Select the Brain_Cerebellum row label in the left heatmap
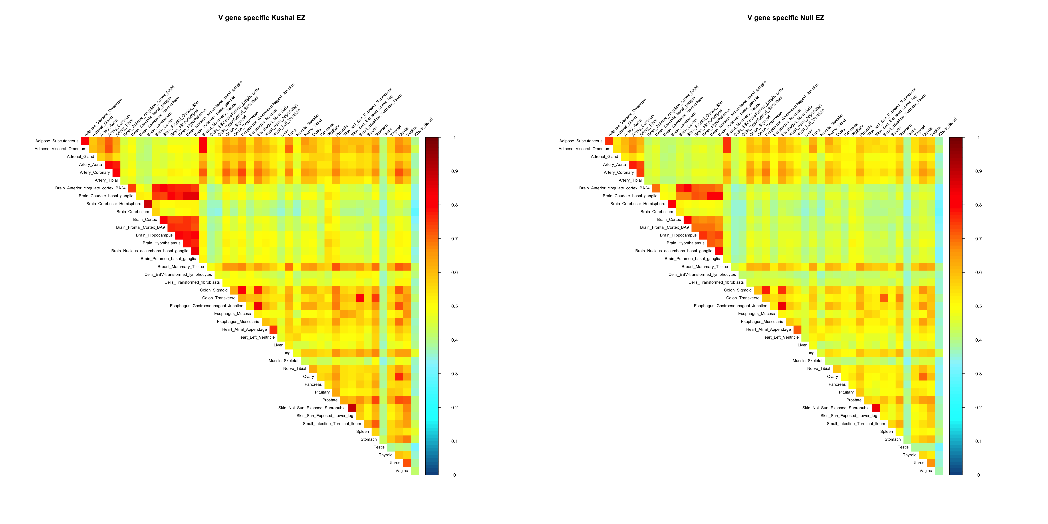pos(133,212)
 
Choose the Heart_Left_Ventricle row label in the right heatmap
pos(780,337)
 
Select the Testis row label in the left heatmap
pos(379,447)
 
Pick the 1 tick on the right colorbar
pos(978,138)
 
